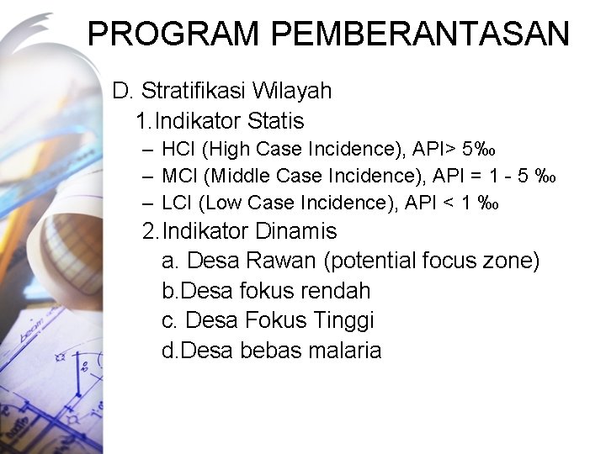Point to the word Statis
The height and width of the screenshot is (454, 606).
pos(274,121)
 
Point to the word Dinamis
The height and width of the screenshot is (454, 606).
pos(295,231)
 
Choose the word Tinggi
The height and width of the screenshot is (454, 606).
pos(343,320)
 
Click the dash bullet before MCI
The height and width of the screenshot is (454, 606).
pos(147,177)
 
